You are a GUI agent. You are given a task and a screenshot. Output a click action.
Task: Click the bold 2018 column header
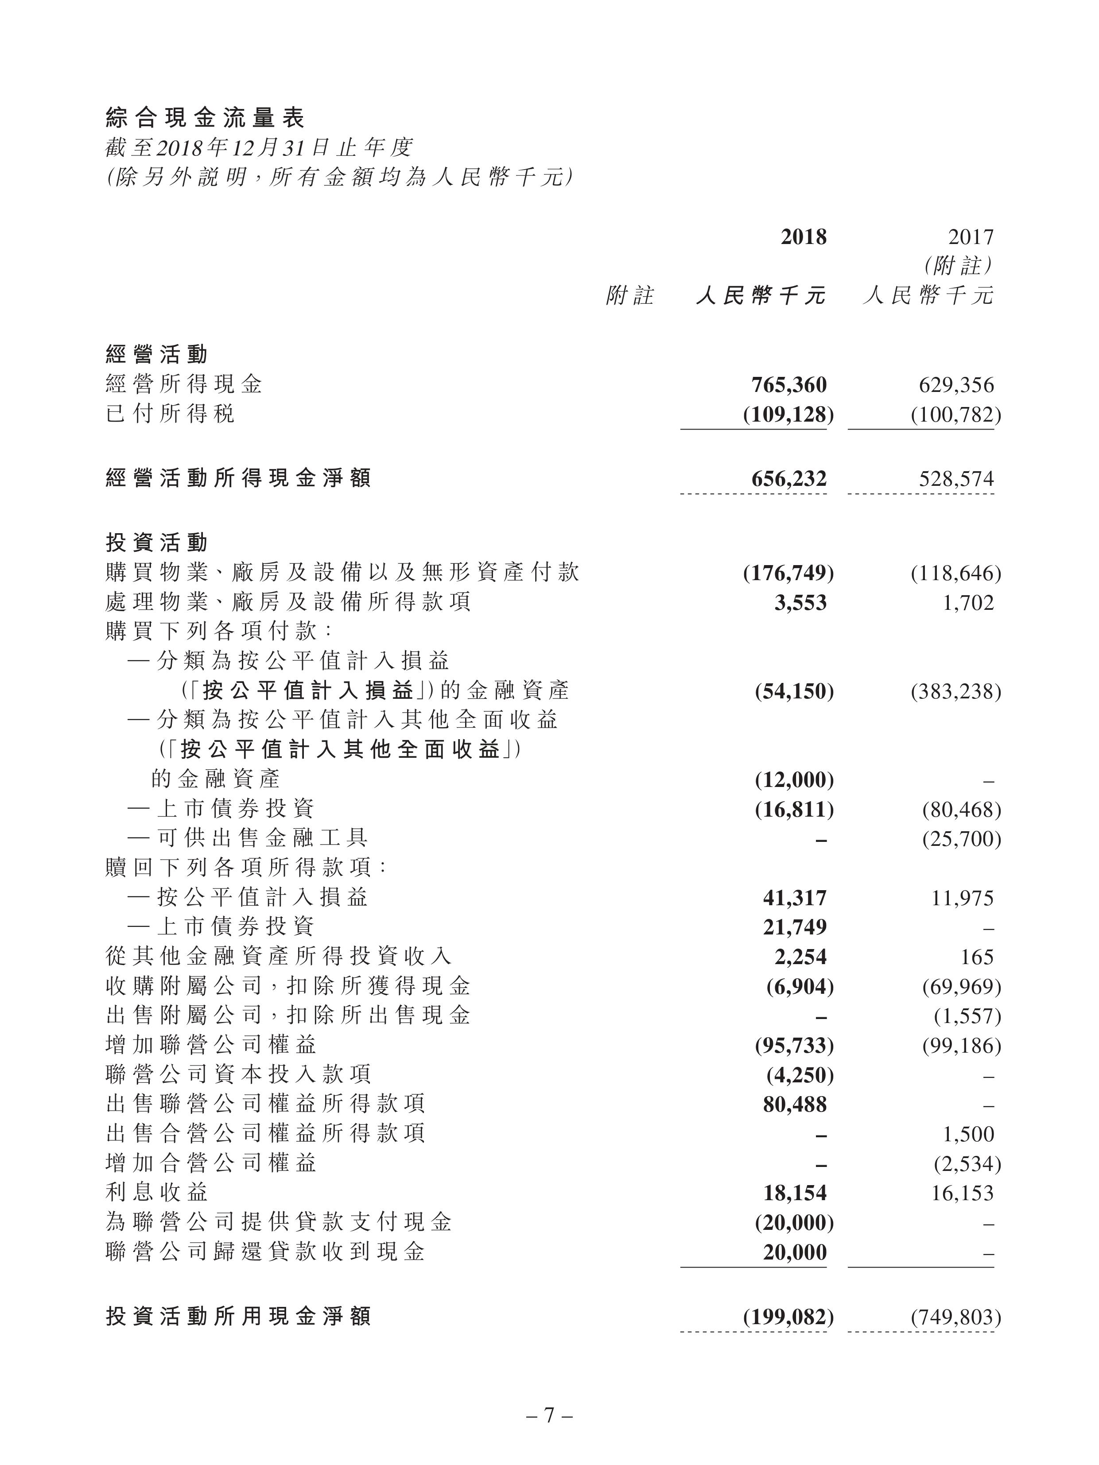[x=803, y=237]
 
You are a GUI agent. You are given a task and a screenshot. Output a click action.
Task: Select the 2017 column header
[x=971, y=237]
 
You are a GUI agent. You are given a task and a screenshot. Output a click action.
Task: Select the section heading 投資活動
[x=157, y=543]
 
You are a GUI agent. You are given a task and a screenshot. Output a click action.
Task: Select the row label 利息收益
[x=157, y=1193]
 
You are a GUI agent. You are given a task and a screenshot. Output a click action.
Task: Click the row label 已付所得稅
[x=170, y=414]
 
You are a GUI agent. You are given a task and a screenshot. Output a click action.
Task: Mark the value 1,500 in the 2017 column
[x=968, y=1134]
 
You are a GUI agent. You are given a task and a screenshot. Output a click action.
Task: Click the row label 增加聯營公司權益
[x=211, y=1045]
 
